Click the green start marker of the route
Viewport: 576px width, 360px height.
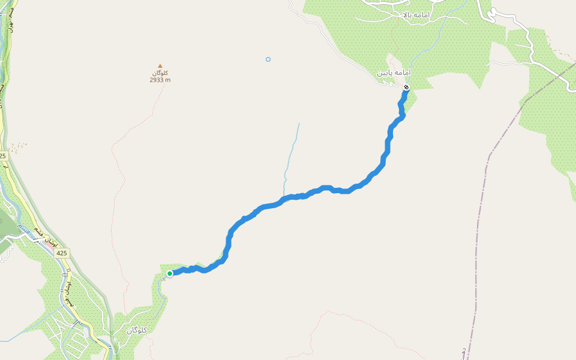pos(170,274)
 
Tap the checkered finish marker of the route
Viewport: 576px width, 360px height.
pos(406,88)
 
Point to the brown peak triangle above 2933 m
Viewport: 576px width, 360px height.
pos(160,66)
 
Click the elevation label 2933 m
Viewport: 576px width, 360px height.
pos(160,80)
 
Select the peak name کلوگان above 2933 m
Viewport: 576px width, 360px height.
pos(160,73)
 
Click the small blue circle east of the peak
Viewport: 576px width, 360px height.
pos(268,59)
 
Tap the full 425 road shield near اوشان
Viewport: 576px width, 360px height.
pos(62,253)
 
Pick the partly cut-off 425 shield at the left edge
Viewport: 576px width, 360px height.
pos(3,155)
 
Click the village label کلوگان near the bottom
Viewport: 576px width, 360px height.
pos(137,331)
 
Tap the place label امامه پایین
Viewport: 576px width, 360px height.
pos(394,73)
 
